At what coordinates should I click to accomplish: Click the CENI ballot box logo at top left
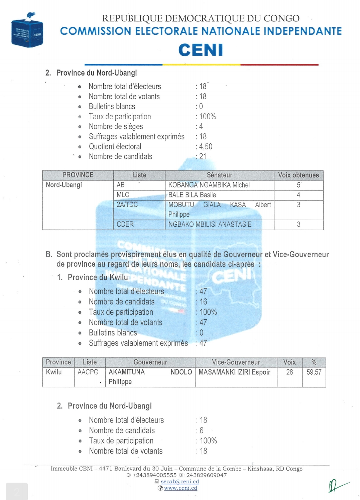(27, 31)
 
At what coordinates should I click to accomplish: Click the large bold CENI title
(201, 50)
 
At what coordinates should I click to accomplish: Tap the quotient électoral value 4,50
(206, 147)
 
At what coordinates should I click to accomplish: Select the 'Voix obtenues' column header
(298, 175)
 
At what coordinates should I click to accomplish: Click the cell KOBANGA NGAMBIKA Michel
(209, 185)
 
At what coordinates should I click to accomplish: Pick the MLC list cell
(123, 195)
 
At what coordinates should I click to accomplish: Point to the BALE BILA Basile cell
(192, 195)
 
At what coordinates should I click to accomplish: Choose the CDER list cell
(125, 224)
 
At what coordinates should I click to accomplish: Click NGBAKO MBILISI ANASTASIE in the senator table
(210, 224)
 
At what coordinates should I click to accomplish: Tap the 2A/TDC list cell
(127, 205)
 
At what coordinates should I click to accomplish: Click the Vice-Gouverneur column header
(236, 362)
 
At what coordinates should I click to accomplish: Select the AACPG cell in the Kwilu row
(88, 372)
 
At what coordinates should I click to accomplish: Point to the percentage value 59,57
(314, 372)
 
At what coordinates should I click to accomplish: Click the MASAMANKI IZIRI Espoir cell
(234, 372)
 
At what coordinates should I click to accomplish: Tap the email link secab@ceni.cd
(180, 482)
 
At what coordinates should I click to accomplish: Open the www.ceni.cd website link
(181, 488)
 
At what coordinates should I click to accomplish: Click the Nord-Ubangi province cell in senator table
(64, 185)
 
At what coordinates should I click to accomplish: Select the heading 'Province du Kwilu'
(98, 277)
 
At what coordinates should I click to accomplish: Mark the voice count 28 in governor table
(289, 372)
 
